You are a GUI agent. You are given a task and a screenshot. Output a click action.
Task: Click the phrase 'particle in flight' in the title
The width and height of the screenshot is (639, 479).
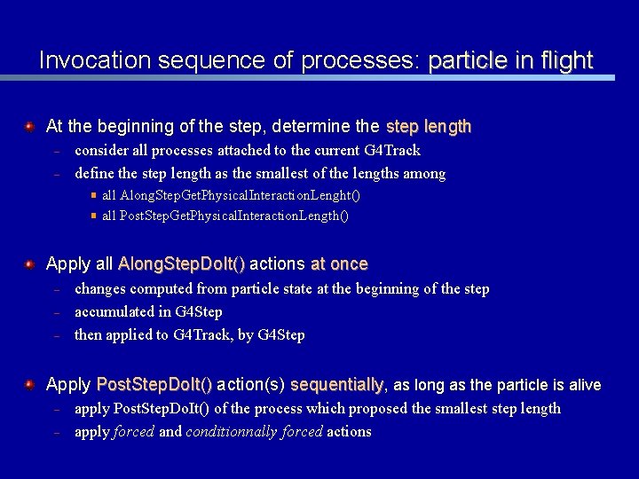[x=510, y=60]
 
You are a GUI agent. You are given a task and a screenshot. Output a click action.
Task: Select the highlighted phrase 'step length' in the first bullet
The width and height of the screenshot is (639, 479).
[x=429, y=127]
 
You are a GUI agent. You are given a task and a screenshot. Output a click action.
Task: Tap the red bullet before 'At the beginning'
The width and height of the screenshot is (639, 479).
[x=29, y=127]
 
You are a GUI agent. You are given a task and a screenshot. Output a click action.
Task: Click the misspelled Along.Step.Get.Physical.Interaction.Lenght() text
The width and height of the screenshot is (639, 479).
[x=231, y=195]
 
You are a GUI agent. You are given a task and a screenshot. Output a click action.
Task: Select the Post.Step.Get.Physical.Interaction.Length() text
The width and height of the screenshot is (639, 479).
[x=225, y=216]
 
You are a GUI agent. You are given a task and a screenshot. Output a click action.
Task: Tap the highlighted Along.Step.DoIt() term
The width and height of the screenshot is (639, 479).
[x=182, y=263]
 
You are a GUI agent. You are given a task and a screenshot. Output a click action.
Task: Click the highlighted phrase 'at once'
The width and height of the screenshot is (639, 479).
[x=339, y=263]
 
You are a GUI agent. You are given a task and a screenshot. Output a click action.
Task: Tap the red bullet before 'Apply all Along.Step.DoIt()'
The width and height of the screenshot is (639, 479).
[x=29, y=263]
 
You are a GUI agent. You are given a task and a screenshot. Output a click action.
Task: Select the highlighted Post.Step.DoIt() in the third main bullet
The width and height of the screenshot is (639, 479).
[x=154, y=385]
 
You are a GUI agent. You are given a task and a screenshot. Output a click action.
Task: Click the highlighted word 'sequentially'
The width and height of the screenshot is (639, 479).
[x=337, y=385]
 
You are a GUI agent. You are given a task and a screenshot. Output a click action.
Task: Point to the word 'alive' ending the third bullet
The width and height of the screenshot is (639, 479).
[x=583, y=385]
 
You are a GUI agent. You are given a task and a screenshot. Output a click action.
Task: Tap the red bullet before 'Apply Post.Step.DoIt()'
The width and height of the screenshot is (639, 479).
[x=29, y=385]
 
